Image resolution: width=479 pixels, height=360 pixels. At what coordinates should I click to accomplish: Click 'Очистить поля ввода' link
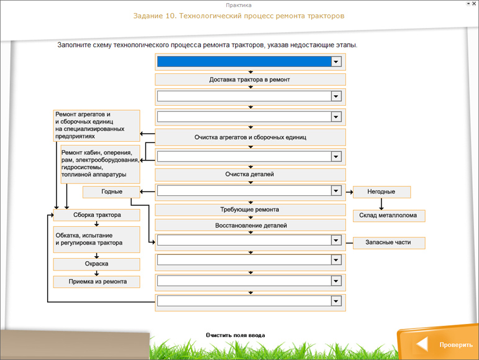point(235,335)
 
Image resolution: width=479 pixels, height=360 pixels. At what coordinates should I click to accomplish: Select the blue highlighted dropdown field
point(244,62)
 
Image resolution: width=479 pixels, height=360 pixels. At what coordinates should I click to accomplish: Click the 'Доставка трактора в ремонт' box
point(250,80)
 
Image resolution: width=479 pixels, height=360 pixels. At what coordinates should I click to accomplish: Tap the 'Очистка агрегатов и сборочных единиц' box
point(250,137)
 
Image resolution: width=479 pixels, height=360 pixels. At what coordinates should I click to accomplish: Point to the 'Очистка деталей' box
point(250,175)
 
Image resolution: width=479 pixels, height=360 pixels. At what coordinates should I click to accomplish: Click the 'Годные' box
point(112,192)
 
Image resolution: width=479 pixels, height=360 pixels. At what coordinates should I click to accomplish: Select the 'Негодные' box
point(380,192)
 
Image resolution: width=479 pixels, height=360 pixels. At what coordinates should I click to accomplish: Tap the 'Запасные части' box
point(389,243)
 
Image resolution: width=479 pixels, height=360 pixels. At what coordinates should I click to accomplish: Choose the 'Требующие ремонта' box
point(250,210)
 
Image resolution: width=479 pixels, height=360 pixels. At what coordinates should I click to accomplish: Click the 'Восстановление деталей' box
point(250,225)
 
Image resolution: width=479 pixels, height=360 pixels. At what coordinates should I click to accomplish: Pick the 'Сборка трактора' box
point(96,216)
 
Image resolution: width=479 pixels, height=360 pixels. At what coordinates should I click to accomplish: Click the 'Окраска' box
point(96,264)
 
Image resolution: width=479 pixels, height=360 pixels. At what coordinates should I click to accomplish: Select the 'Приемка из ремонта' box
point(96,282)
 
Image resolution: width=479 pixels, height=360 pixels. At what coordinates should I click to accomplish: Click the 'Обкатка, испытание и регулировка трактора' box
point(96,239)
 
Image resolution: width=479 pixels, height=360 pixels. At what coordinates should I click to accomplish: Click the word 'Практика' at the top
point(239,5)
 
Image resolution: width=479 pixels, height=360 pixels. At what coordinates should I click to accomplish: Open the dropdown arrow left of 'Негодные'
point(336,192)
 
